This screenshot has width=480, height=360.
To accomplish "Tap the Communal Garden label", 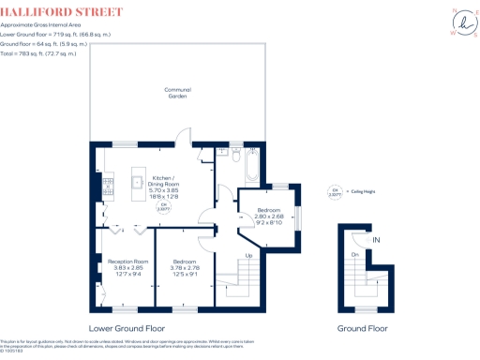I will pyautogui.click(x=177, y=93).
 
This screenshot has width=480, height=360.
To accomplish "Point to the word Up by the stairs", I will pyautogui.click(x=247, y=255).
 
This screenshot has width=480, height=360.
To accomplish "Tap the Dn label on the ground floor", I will pyautogui.click(x=355, y=254).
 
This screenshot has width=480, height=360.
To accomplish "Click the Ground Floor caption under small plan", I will pyautogui.click(x=363, y=329).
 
